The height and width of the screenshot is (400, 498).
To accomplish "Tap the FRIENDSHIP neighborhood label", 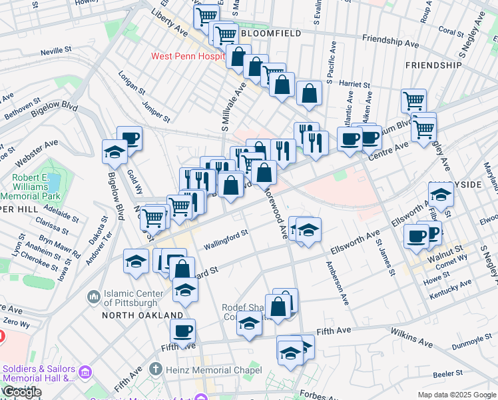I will pos(433,65).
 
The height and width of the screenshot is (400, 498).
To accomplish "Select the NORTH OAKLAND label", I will pos(142,315).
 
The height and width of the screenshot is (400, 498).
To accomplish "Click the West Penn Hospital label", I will pos(186,57).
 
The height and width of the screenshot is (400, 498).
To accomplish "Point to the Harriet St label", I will pos(354,85).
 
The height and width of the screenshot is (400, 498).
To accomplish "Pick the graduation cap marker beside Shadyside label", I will pos(441,195).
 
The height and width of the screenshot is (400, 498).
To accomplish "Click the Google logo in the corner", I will pos(22,392).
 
